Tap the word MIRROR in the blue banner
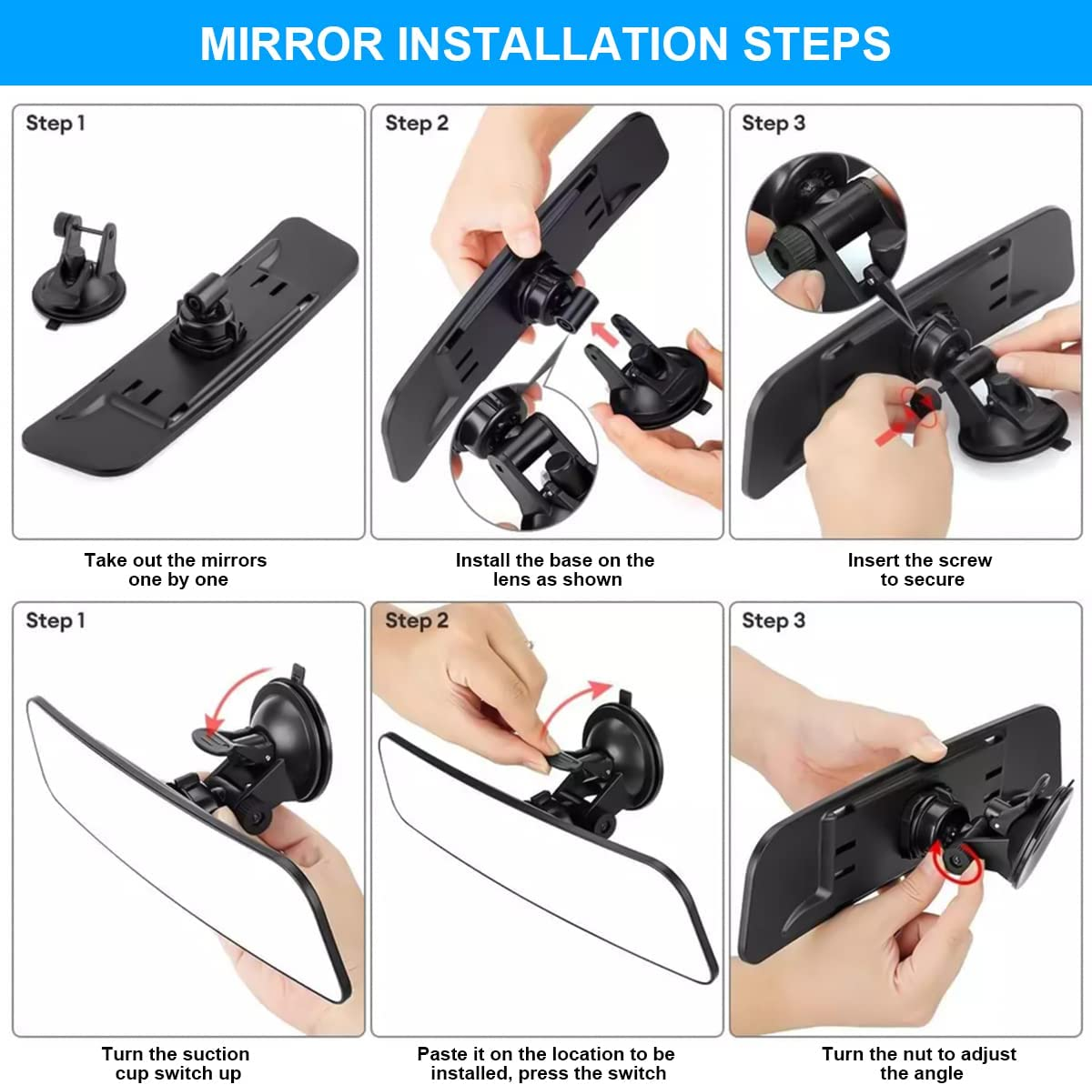coord(291,44)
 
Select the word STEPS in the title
coord(817,44)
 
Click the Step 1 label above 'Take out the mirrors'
coord(56,123)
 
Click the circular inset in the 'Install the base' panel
coord(524,457)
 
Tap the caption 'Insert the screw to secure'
coord(920,570)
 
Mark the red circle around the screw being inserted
coord(920,407)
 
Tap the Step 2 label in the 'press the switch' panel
coord(417,620)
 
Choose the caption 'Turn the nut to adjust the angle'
coord(919,1063)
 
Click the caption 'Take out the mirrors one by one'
coord(176,570)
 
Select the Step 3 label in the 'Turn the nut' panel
coord(773,620)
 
